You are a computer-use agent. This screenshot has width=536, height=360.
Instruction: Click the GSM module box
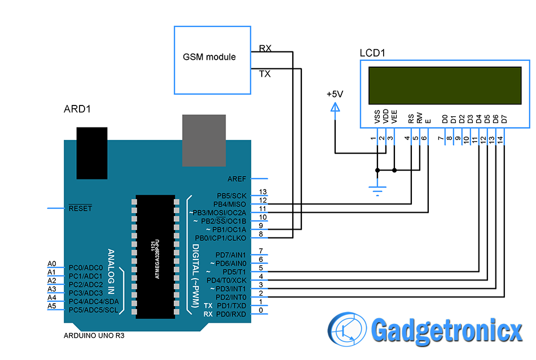213,60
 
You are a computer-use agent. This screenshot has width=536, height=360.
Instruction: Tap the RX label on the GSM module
265,49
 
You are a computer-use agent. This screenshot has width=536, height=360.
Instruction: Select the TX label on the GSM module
264,73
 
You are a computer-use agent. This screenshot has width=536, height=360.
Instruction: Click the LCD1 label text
372,54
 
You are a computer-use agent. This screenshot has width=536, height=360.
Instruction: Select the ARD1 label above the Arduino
77,109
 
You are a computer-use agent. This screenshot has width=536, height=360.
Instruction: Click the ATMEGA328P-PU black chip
155,257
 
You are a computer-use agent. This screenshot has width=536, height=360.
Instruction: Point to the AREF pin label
237,179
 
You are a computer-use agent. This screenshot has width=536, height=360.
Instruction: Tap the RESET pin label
80,208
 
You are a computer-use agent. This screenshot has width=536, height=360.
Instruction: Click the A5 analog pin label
52,306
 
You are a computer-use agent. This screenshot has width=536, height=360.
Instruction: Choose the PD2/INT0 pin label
231,297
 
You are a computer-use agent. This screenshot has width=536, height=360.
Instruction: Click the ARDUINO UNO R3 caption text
94,336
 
